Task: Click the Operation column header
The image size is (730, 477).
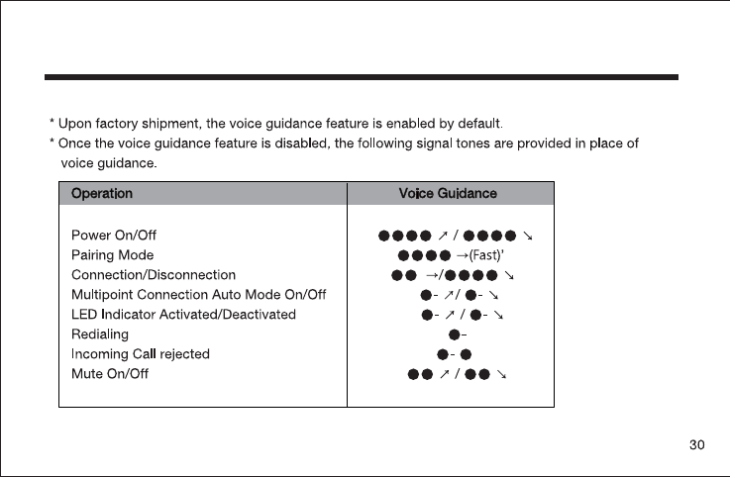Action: (102, 194)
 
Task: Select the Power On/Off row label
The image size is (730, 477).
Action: (114, 236)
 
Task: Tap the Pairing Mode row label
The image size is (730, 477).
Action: (112, 255)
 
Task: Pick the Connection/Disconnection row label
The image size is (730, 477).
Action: (154, 274)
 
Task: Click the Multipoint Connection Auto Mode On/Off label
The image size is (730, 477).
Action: (199, 295)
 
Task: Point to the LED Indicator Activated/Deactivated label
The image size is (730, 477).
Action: (183, 315)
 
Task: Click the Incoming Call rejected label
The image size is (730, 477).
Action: (141, 354)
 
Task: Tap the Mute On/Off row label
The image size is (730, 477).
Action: (110, 374)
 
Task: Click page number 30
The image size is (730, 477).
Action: (697, 446)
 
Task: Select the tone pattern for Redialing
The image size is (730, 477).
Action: (458, 334)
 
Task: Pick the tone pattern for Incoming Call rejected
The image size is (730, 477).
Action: (454, 354)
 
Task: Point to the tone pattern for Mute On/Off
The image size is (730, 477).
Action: (458, 374)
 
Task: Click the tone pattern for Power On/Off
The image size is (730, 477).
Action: (456, 236)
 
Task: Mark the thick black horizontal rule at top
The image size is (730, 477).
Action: (363, 76)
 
